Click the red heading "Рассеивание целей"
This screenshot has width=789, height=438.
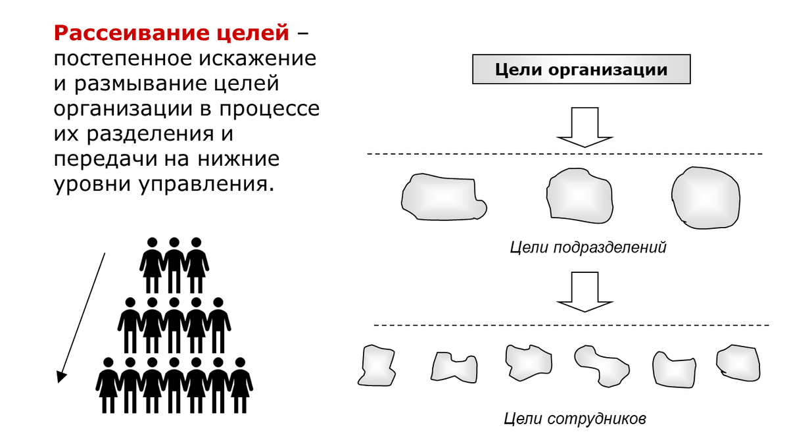tap(172, 32)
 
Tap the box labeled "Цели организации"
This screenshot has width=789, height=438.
tap(581, 70)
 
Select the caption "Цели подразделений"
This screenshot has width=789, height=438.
tap(588, 248)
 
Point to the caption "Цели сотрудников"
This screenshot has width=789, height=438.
tap(575, 418)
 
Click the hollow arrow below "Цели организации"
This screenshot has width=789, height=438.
tap(585, 128)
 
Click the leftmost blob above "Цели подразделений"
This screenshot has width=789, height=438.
tap(442, 197)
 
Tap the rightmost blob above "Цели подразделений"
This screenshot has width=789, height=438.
tap(704, 197)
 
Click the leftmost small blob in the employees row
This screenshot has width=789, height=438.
tap(377, 364)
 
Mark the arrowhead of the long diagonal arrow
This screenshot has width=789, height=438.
tap(61, 376)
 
